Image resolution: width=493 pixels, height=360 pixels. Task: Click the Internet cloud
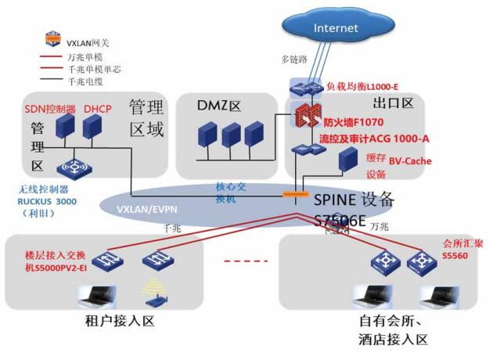[335, 29]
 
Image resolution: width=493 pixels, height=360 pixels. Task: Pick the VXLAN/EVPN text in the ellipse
[148, 211]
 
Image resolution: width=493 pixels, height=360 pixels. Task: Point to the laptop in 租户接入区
[95, 297]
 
